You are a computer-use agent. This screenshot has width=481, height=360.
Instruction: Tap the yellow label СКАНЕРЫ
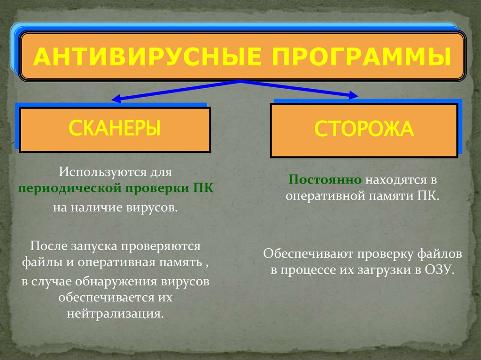click(115, 128)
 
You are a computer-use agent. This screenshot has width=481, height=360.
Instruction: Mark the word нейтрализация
click(116, 313)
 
